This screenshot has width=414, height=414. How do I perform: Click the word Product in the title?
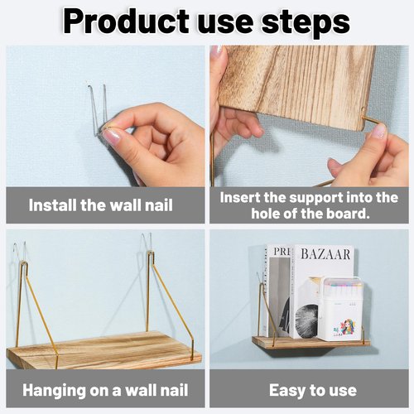[x=126, y=22]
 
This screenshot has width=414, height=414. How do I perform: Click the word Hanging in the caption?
[x=54, y=391]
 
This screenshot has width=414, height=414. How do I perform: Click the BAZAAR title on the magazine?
[x=325, y=254]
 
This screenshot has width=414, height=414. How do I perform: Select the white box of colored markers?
[x=340, y=307]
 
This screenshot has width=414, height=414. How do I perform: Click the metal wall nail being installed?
[x=99, y=110]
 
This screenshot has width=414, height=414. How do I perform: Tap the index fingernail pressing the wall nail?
[x=111, y=137]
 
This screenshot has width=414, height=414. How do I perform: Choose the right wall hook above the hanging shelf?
[x=147, y=242]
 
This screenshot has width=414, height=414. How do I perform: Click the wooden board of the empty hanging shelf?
[x=103, y=350]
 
